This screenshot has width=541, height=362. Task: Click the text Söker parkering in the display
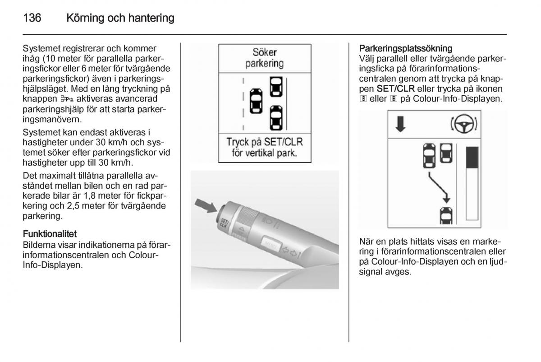click(264, 58)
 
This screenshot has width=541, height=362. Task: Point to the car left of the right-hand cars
click(256, 101)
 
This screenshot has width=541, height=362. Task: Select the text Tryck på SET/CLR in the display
click(265, 142)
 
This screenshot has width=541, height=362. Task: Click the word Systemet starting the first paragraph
click(40, 48)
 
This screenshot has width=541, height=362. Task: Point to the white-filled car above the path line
click(445, 153)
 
